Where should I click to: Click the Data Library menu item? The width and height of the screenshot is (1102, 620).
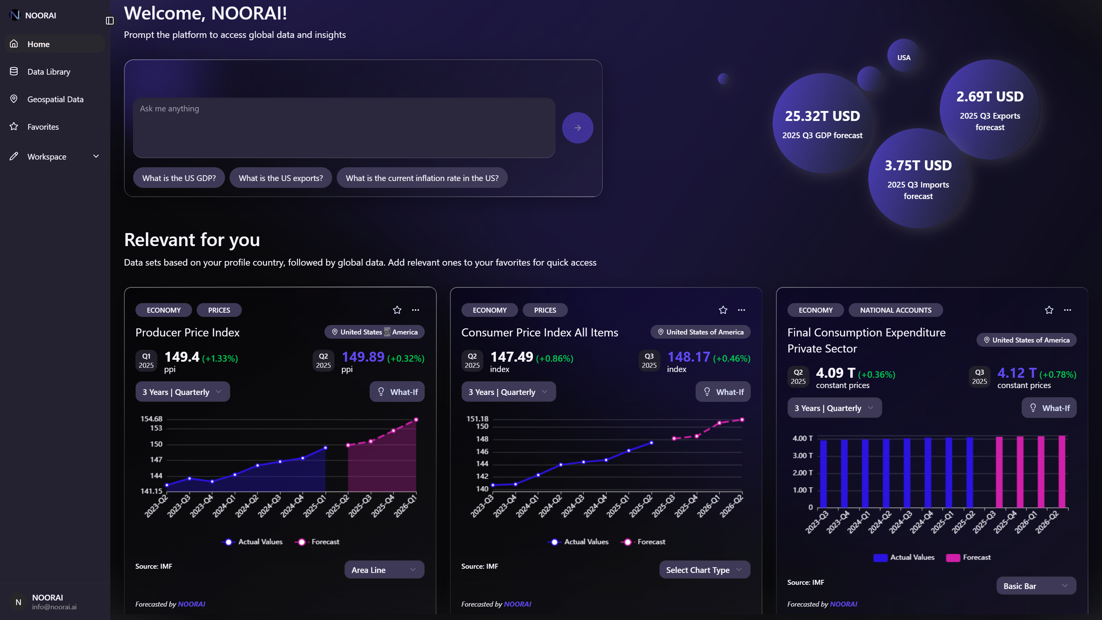(48, 72)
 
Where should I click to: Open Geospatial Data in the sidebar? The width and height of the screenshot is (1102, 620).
(55, 99)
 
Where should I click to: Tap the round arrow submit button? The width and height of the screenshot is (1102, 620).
(577, 128)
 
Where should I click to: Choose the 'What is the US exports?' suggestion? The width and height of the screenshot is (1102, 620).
(280, 178)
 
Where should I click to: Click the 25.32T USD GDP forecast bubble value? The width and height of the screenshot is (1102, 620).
(822, 116)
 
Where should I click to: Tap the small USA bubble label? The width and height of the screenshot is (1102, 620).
(903, 57)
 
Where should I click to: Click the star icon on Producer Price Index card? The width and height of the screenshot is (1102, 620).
(397, 310)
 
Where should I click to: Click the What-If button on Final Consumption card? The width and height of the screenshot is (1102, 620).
(1049, 408)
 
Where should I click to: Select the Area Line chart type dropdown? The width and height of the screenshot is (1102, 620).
(384, 569)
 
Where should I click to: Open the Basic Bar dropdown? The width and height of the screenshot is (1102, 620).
(1036, 586)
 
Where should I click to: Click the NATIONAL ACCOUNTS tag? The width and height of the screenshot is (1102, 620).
(895, 310)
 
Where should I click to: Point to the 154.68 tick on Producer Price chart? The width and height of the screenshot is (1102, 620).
(152, 418)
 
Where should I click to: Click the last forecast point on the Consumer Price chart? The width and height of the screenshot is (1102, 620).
(742, 420)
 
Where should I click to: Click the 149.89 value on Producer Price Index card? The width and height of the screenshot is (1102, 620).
(363, 356)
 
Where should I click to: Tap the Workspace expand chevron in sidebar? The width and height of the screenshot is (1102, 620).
(96, 156)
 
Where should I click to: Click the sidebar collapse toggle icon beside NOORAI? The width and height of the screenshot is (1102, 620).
(109, 21)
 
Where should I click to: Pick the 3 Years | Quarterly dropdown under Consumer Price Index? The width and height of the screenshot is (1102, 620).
(508, 392)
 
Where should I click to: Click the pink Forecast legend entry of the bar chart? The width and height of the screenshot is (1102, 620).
(968, 557)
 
